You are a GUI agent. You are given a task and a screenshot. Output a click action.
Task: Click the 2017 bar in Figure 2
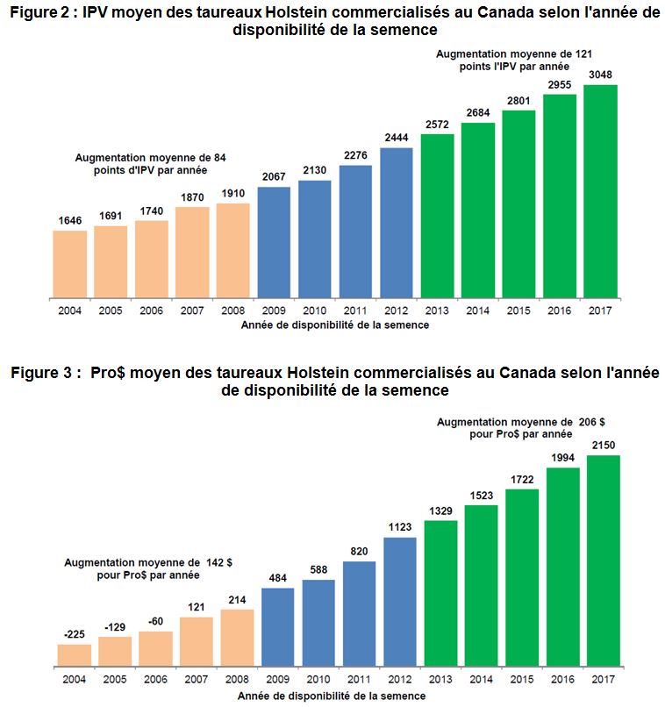(600, 191)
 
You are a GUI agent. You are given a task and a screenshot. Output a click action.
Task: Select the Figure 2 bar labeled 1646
(70, 264)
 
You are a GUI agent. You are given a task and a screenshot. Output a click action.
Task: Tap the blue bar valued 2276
(355, 232)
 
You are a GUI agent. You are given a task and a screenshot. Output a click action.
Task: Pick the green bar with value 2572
(437, 216)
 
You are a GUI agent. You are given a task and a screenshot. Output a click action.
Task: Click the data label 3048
(600, 75)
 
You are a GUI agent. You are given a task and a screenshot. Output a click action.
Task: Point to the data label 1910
(233, 194)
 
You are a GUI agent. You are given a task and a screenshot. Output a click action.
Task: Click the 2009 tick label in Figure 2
(274, 311)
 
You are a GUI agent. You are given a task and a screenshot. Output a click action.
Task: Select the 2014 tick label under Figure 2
(478, 311)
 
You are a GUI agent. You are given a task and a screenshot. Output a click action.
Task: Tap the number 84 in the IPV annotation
(219, 158)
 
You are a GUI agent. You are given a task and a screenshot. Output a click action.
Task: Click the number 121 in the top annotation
(583, 54)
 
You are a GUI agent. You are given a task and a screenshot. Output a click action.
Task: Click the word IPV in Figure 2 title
(95, 12)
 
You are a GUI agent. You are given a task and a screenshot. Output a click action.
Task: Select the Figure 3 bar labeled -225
(75, 655)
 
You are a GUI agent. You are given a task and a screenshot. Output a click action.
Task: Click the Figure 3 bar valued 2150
(604, 561)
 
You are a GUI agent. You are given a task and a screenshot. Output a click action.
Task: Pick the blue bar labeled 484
(278, 627)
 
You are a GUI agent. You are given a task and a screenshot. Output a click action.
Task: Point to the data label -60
(155, 621)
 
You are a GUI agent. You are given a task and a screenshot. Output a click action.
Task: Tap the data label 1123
(400, 527)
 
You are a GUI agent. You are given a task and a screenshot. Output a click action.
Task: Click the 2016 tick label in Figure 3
(562, 679)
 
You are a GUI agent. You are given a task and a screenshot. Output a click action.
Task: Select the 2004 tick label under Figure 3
(75, 679)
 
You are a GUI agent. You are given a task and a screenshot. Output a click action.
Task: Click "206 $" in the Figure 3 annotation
(591, 422)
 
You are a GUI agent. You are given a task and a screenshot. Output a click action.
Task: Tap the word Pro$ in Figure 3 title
(108, 373)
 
